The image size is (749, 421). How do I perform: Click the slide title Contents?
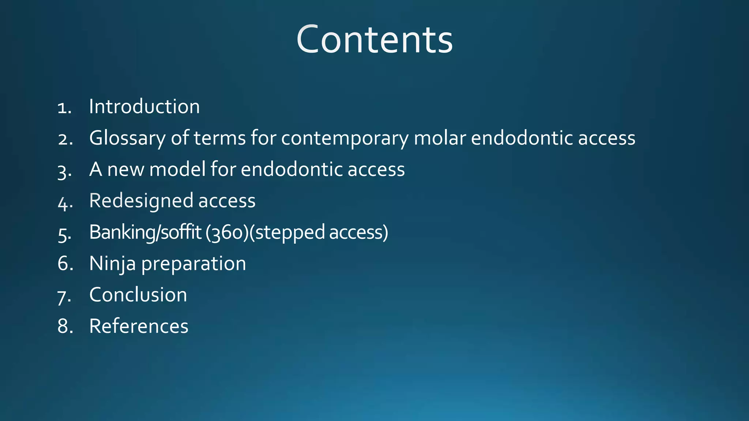(x=374, y=39)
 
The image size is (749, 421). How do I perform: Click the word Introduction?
(x=144, y=107)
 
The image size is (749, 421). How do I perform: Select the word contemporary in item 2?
(x=345, y=139)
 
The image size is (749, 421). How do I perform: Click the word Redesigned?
(x=141, y=201)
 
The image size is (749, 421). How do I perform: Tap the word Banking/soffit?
(x=145, y=232)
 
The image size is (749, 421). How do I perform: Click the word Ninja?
(x=112, y=264)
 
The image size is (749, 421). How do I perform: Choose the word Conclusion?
(x=138, y=295)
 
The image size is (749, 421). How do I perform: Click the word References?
(x=139, y=326)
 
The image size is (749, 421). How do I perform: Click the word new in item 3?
(x=125, y=170)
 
